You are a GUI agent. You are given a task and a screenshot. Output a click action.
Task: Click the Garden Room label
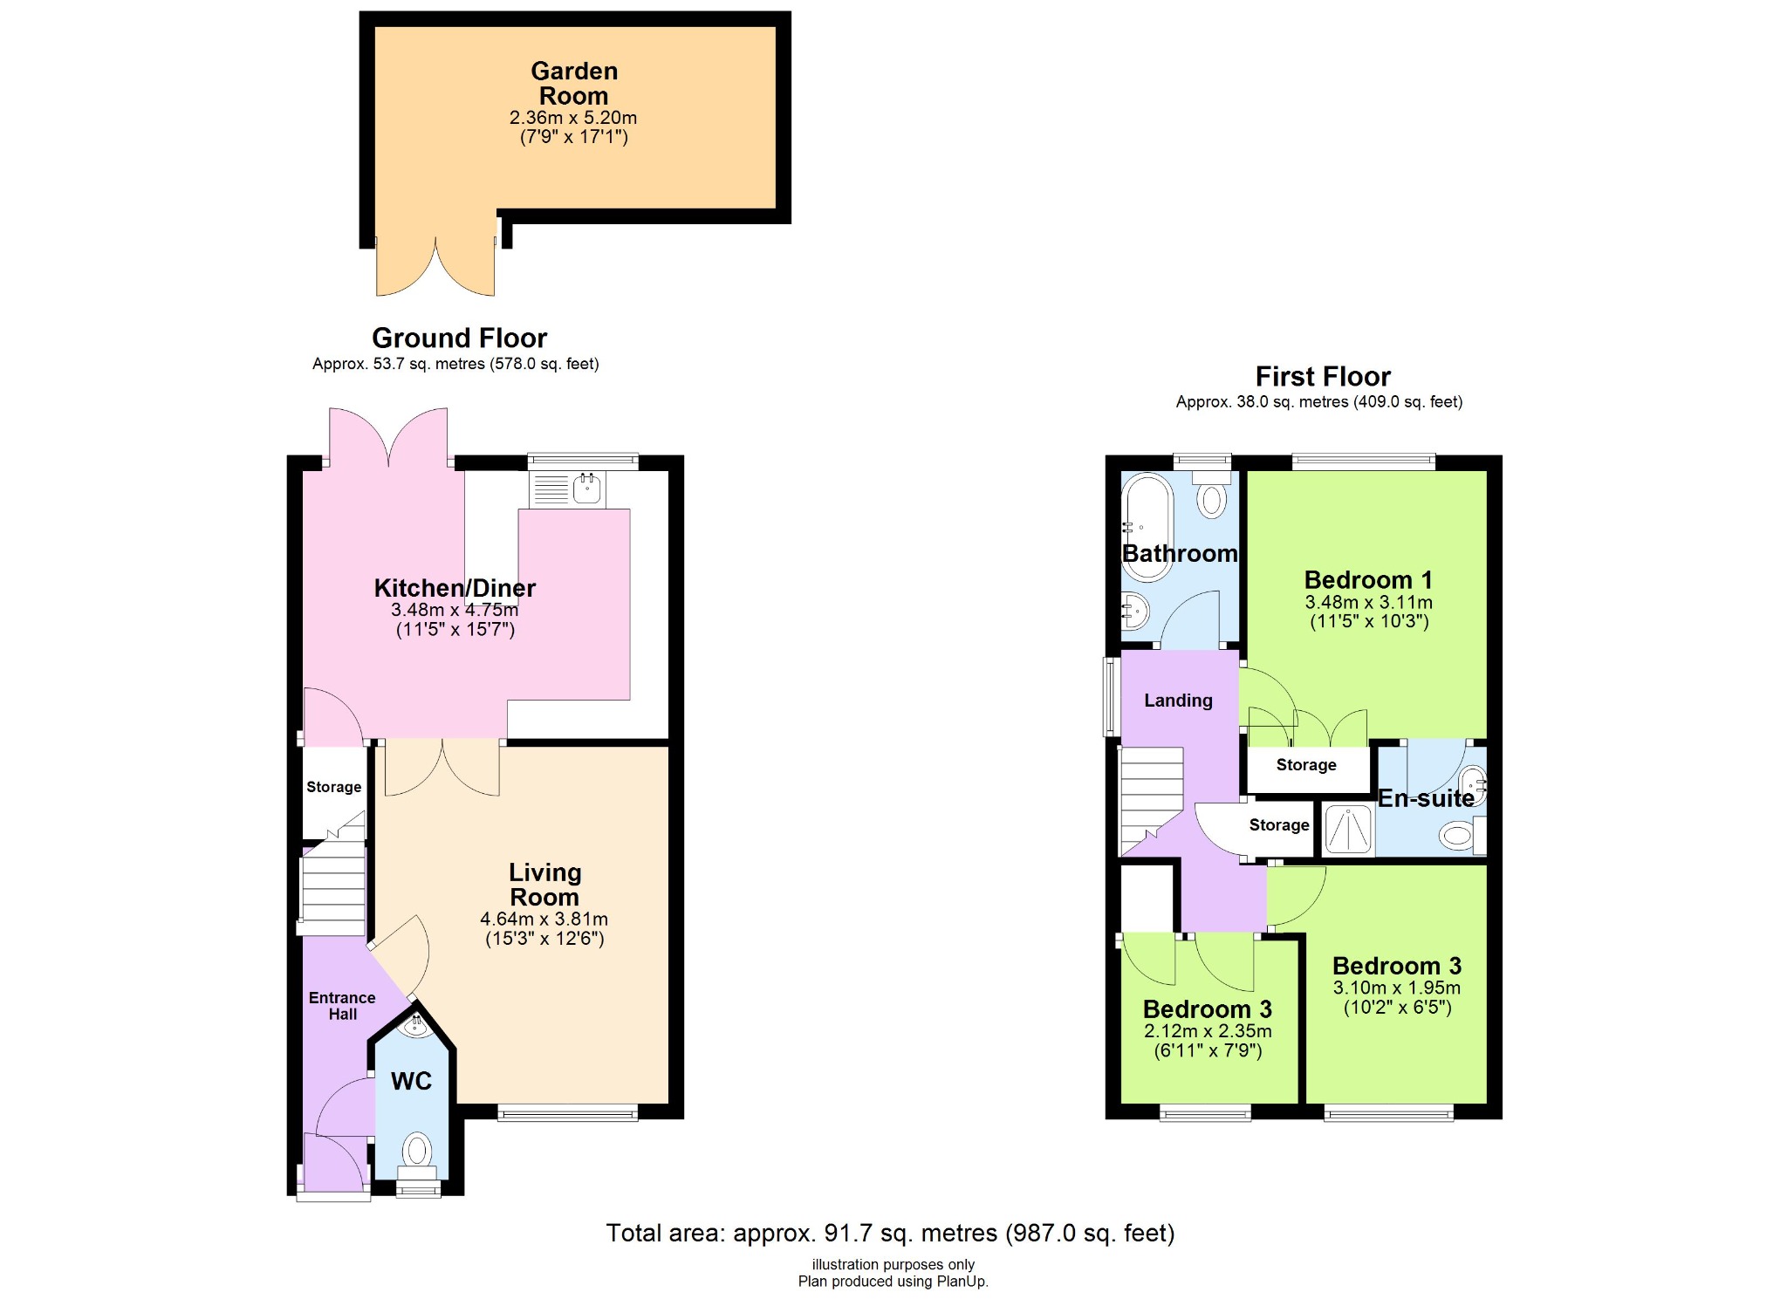573,84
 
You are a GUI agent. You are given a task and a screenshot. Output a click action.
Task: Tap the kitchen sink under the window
587,490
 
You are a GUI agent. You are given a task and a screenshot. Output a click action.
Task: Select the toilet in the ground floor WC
417,1151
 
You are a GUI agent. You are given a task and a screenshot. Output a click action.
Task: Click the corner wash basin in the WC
415,1027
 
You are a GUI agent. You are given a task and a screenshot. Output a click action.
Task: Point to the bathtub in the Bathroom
1147,527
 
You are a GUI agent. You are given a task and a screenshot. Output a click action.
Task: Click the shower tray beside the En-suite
1348,829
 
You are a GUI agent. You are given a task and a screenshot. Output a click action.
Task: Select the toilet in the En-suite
1455,837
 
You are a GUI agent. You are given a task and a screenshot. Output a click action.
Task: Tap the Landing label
1178,701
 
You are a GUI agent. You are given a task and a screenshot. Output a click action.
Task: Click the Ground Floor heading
459,338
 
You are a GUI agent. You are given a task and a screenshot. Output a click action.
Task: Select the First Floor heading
1322,376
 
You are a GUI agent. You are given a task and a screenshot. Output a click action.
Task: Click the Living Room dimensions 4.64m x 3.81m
544,919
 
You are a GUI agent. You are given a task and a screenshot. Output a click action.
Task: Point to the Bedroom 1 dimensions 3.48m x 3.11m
1368,602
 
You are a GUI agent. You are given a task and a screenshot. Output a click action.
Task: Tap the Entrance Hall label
342,1006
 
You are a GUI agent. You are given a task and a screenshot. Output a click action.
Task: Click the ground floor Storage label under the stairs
333,787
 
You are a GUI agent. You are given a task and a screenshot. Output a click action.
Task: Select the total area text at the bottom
890,1233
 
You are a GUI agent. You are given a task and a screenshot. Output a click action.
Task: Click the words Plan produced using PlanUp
893,1282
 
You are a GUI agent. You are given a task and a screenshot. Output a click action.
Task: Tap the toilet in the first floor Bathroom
1211,499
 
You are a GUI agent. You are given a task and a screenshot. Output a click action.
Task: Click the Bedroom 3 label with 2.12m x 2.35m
1207,1009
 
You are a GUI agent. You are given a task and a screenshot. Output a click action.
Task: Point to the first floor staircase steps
1151,798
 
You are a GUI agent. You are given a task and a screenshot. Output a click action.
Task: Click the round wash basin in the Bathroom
1135,610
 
